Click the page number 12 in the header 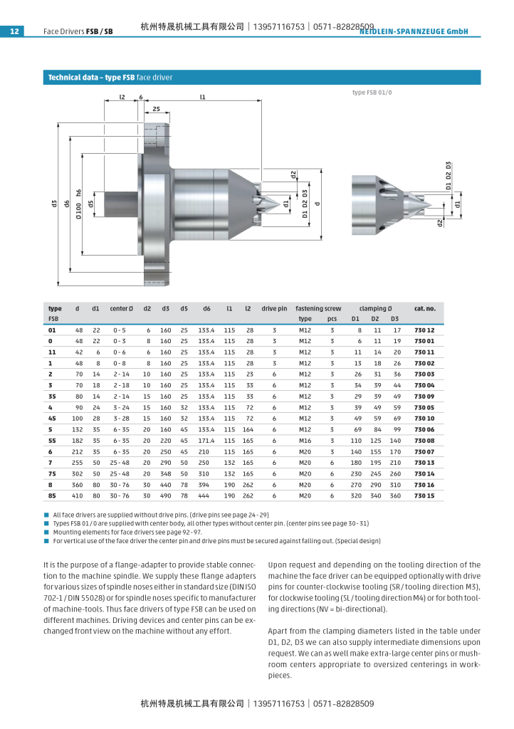pyautogui.click(x=14, y=31)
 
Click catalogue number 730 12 pyautogui.click(x=424, y=330)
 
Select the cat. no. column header pyautogui.click(x=424, y=308)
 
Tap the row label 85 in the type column pyautogui.click(x=52, y=495)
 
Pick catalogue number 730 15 pyautogui.click(x=424, y=495)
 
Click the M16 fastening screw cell pyautogui.click(x=305, y=441)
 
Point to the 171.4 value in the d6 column pyautogui.click(x=206, y=441)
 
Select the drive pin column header pyautogui.click(x=274, y=308)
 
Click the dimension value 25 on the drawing pyautogui.click(x=156, y=109)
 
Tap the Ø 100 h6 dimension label pyautogui.click(x=79, y=204)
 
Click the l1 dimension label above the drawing pyautogui.click(x=203, y=97)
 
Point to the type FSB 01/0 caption pyautogui.click(x=372, y=93)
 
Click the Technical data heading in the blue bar pyautogui.click(x=110, y=77)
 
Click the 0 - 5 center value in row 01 pyautogui.click(x=119, y=330)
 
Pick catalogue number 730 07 pyautogui.click(x=424, y=451)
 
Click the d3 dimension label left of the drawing pyautogui.click(x=54, y=204)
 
